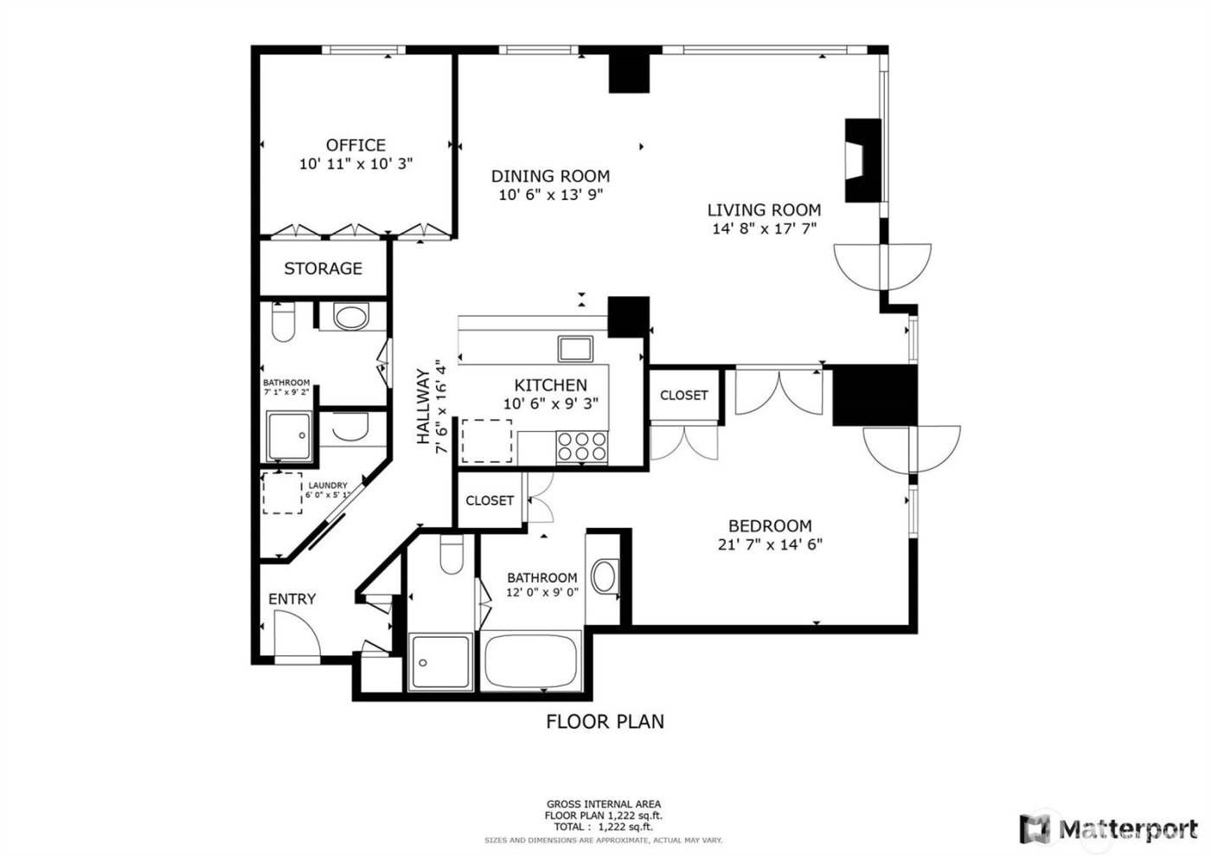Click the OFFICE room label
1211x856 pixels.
point(356,145)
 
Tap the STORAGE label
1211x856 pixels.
point(323,269)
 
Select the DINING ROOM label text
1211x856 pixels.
point(550,176)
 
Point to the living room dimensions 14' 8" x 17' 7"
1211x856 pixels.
point(764,229)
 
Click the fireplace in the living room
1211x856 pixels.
point(862,160)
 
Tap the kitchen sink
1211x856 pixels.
point(575,349)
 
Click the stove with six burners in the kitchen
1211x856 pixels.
point(580,445)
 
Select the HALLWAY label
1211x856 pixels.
point(423,407)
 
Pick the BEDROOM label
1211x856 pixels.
point(770,525)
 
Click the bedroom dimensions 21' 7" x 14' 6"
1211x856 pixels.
point(770,544)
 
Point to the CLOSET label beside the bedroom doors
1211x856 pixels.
point(683,396)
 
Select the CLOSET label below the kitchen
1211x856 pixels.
point(490,500)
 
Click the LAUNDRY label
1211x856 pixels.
point(328,486)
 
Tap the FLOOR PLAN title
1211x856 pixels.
point(605,721)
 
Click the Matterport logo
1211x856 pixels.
point(1106,828)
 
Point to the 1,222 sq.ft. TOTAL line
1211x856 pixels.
point(603,827)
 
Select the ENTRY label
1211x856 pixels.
point(292,599)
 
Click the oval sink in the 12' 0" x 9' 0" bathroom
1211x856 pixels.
point(605,576)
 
